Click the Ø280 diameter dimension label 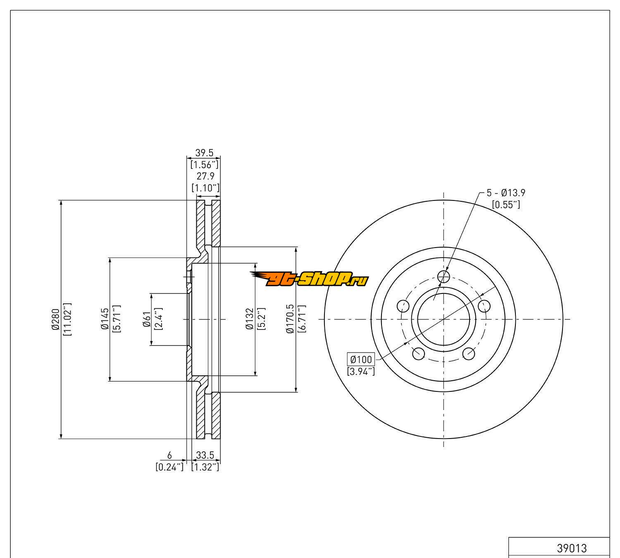[56, 319]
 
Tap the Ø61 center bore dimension [146, 319]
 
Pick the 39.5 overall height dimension [204, 153]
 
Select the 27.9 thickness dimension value [205, 176]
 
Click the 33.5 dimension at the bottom [205, 455]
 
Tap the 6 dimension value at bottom [169, 455]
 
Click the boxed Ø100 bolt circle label [361, 360]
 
